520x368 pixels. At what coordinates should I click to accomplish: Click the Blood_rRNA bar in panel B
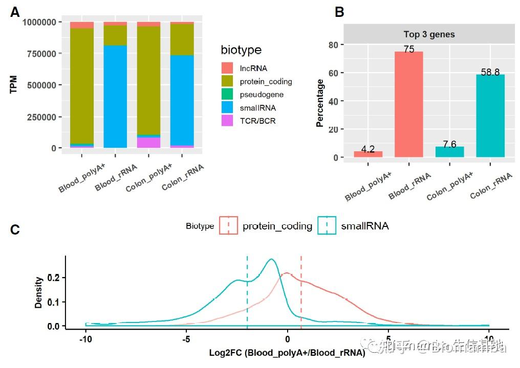point(408,104)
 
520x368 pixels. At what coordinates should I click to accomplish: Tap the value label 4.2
point(368,149)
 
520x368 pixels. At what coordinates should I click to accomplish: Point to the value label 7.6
point(449,145)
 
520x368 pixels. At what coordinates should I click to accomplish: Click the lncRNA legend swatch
point(227,68)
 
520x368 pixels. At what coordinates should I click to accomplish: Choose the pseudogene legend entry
point(263,95)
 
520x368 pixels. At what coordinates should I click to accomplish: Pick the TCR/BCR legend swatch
point(227,121)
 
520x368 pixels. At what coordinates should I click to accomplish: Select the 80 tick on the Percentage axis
point(333,45)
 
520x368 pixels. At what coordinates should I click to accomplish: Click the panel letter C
point(15,230)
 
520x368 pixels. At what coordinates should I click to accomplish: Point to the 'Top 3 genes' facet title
point(429,35)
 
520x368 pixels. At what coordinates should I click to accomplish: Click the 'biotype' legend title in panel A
point(241,50)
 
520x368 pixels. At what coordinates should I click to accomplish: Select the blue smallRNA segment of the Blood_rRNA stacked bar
point(115,97)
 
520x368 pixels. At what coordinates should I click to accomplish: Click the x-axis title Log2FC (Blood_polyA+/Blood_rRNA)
point(287,352)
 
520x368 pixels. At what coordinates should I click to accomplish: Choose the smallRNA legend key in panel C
point(327,225)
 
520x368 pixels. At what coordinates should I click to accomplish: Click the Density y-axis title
point(39,292)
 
